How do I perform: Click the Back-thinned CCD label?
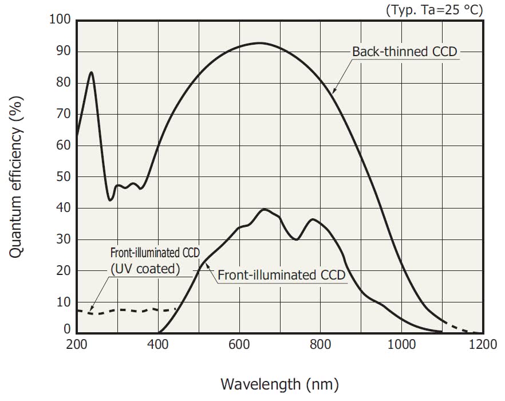pos(404,52)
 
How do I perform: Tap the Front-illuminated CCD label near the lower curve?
pos(281,275)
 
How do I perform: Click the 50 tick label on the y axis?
pos(64,177)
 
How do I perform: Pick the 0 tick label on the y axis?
pos(67,330)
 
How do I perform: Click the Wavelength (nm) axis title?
pos(279,383)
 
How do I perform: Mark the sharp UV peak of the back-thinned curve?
pos(91,72)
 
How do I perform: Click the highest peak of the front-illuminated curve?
pos(264,210)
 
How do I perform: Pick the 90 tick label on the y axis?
pos(64,52)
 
